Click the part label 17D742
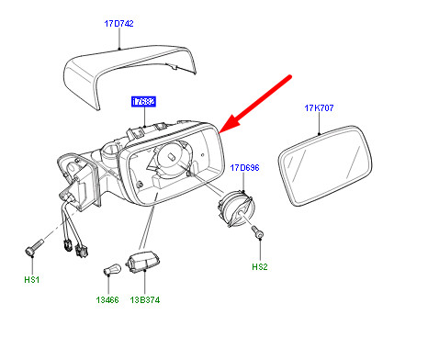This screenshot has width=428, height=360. (118, 25)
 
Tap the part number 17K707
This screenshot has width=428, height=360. (319, 109)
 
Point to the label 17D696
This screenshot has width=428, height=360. (245, 168)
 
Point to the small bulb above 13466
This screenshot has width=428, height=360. (109, 272)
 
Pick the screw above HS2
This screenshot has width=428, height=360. (261, 237)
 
